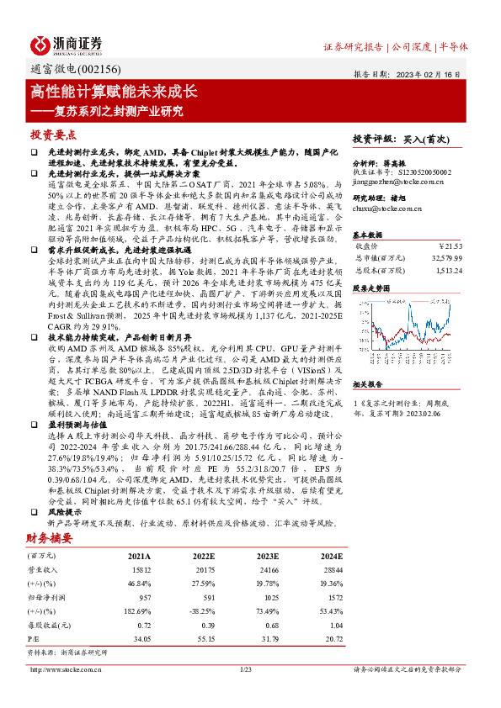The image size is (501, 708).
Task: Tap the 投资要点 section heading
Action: [53, 135]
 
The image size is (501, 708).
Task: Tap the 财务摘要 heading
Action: [50, 537]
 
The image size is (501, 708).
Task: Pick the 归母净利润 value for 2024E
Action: [333, 596]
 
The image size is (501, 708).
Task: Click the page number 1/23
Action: [247, 668]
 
